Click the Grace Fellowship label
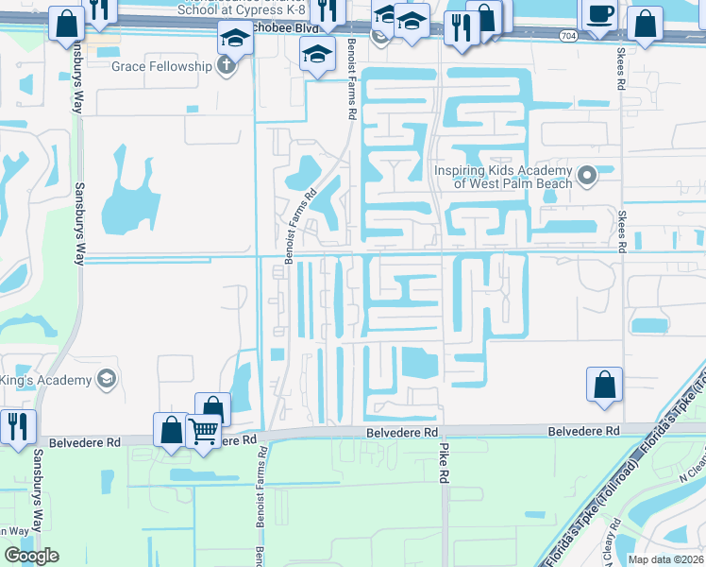click(161, 67)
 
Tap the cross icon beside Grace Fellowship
click(226, 67)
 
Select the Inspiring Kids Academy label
click(503, 177)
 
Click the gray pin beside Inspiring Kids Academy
click(587, 176)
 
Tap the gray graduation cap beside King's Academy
click(107, 380)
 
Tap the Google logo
click(31, 556)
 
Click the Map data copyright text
click(666, 559)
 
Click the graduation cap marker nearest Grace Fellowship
click(233, 39)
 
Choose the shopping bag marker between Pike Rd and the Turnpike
click(604, 386)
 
